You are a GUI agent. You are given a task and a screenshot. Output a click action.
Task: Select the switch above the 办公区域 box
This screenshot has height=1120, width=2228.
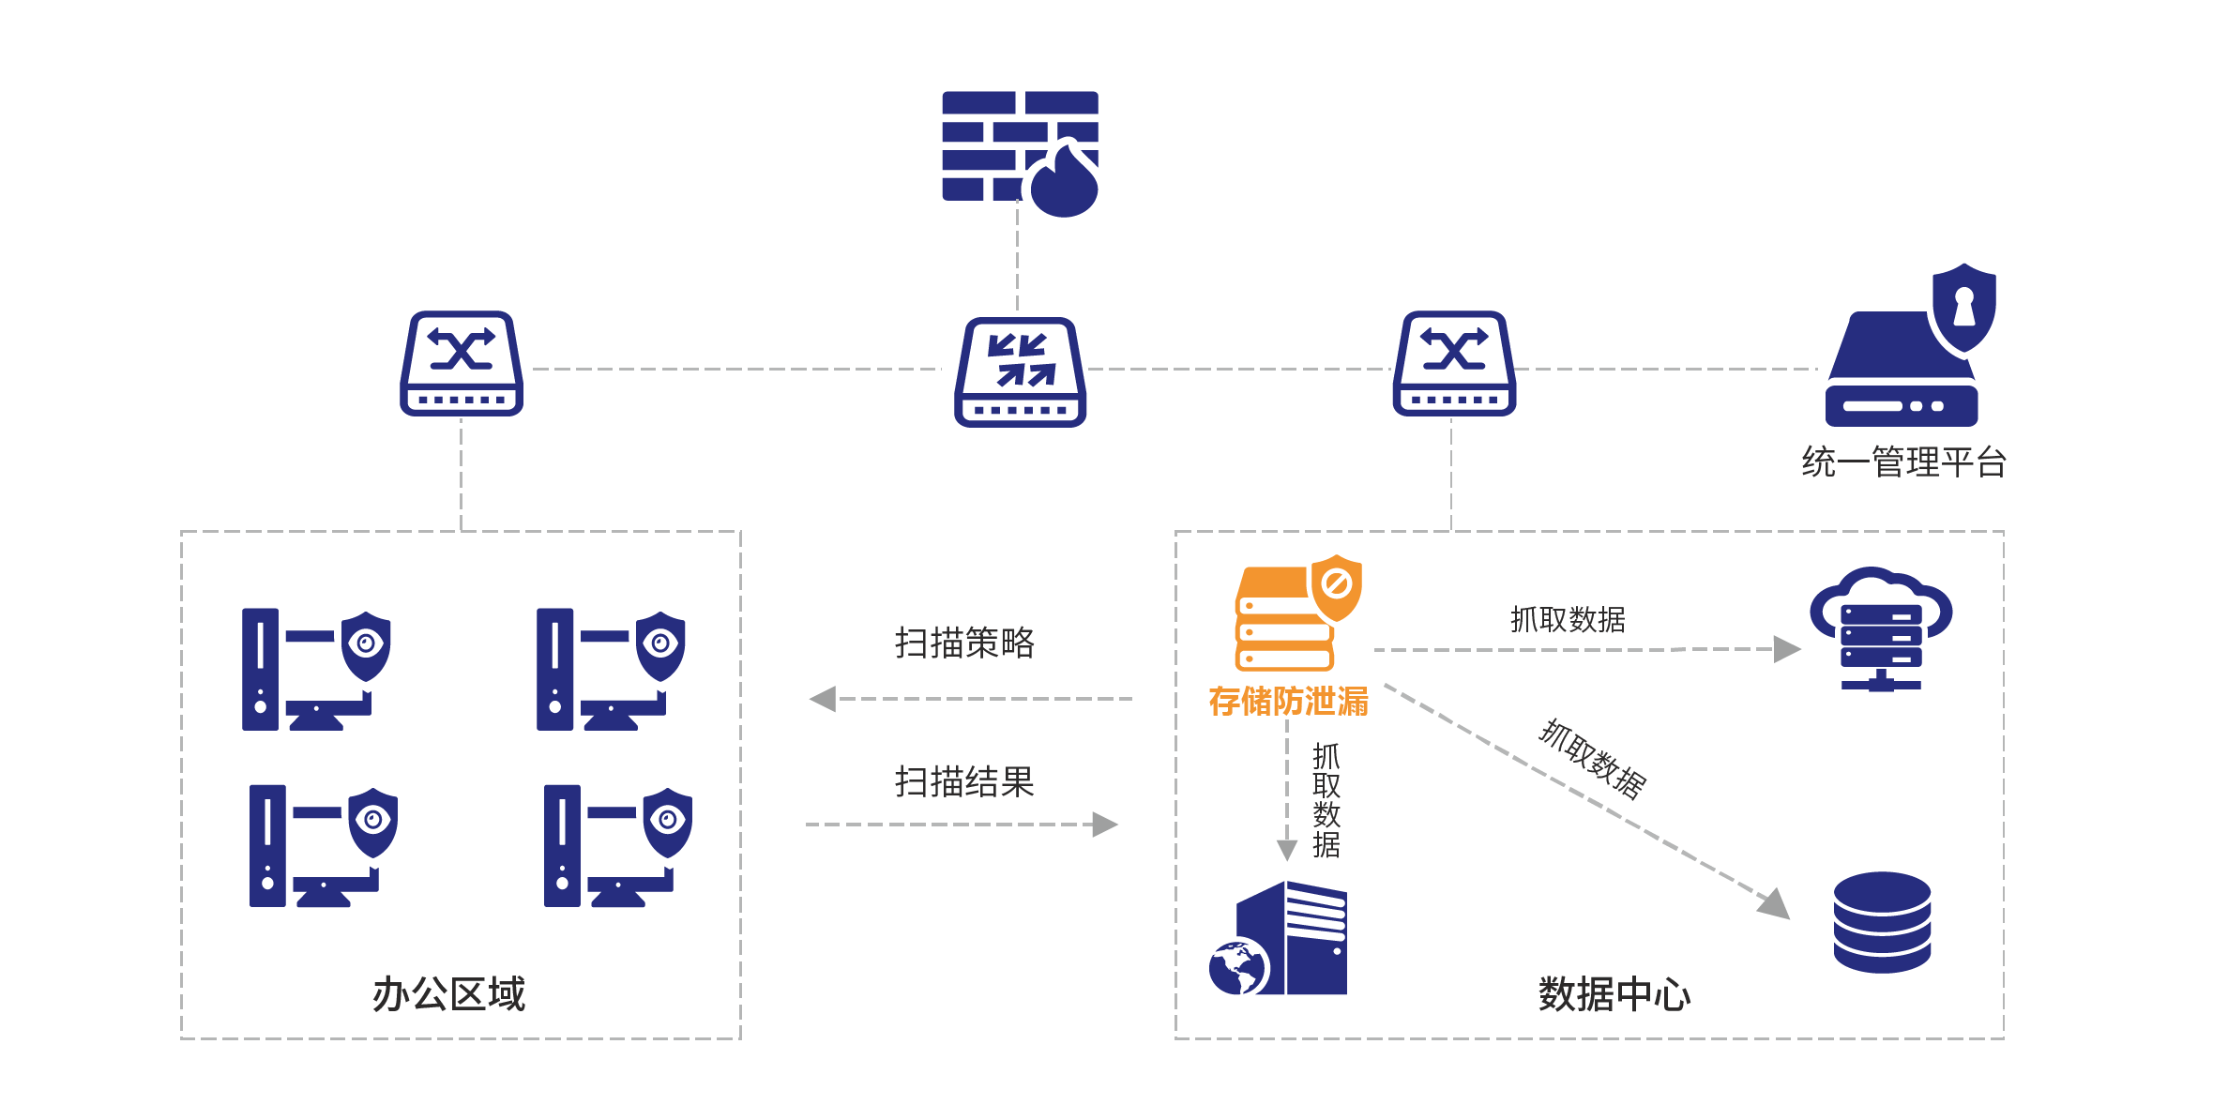pos(462,364)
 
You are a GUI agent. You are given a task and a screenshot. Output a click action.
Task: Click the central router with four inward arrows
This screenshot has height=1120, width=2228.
pos(1021,372)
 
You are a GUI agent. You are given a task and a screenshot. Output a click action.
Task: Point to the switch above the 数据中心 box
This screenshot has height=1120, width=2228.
pos(1454,364)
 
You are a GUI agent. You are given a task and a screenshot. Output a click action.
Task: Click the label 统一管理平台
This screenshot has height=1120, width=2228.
pos(1903,462)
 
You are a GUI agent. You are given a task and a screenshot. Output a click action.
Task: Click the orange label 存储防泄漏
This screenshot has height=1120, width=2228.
pos(1288,702)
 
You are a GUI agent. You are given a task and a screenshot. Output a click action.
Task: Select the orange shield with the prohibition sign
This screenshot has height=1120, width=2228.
pos(1336,586)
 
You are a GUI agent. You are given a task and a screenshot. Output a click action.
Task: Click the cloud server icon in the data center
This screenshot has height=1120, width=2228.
pos(1881,628)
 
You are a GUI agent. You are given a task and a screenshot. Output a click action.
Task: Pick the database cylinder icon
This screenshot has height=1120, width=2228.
pos(1882,922)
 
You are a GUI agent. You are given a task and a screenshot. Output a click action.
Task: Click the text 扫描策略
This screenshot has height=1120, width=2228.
pos(964,643)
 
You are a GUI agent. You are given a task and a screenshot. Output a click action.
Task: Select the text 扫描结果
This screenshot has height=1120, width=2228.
pos(964,781)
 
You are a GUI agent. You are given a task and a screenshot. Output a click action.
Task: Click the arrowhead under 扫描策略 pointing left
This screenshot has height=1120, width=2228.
pos(824,699)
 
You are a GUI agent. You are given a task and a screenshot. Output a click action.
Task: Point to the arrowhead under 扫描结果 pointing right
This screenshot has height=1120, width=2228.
pos(1106,825)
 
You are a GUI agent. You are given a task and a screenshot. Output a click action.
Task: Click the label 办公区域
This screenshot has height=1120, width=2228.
pos(449,993)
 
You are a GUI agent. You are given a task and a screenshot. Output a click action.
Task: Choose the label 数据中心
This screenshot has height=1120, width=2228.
pos(1614,993)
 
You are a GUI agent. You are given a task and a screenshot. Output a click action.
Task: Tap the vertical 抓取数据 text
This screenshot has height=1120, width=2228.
pos(1326,800)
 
